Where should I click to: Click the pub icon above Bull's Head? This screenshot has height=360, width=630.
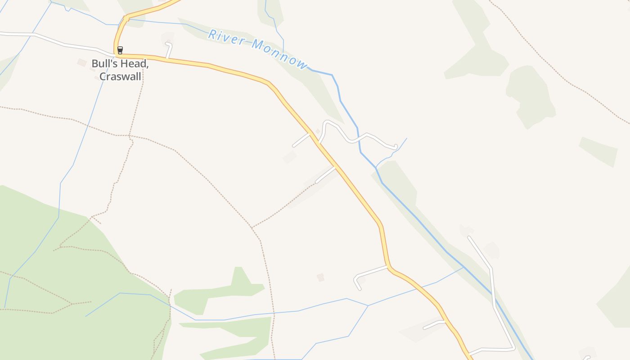pos(120,50)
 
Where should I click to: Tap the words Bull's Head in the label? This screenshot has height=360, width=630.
pos(120,63)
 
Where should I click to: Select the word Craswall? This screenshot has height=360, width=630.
pos(120,76)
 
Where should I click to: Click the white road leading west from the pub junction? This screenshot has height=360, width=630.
pos(63,44)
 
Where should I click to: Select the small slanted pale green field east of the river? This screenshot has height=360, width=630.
pos(598,151)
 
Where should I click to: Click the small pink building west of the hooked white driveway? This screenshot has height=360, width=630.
pos(320,277)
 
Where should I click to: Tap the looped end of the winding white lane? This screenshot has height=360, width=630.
pos(395,146)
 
